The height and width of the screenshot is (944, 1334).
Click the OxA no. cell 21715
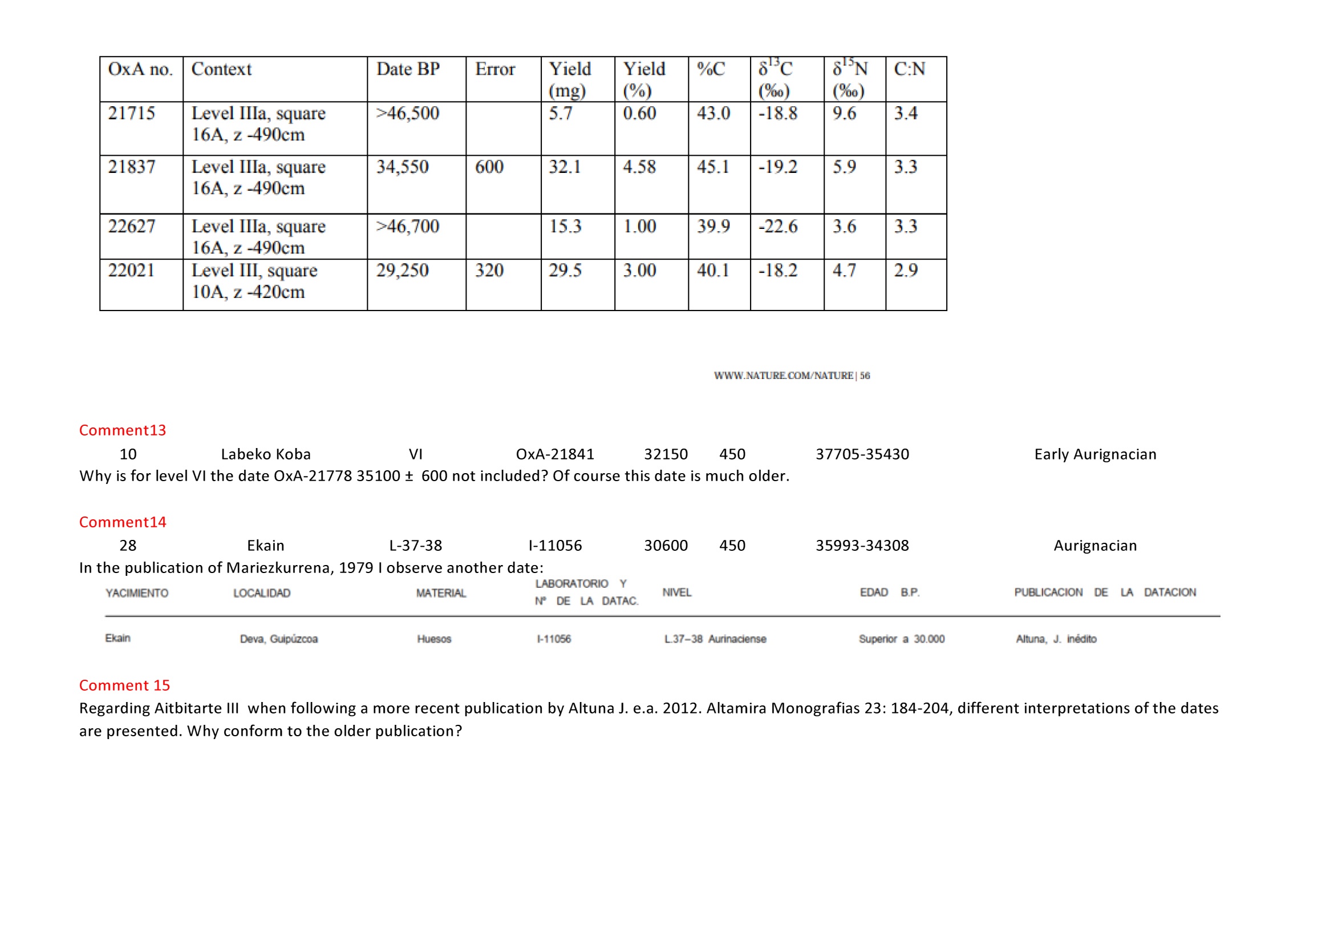tap(131, 113)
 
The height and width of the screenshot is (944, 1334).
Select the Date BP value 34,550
tap(402, 167)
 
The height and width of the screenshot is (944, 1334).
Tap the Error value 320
tap(489, 271)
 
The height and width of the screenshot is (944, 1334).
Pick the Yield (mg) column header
tap(569, 79)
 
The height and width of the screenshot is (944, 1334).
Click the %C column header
tap(711, 69)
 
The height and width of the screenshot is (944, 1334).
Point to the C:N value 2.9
tap(905, 271)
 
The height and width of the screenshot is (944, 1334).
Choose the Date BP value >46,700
tap(407, 226)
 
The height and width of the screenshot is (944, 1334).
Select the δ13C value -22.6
tap(777, 226)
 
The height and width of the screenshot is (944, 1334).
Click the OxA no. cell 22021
tap(131, 271)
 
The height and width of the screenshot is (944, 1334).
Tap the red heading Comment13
tap(123, 430)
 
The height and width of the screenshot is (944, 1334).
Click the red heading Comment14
tap(123, 522)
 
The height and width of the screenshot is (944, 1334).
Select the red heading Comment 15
tap(124, 685)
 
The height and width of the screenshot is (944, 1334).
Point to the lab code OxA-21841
tap(555, 454)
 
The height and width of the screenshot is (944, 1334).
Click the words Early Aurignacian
tap(1094, 454)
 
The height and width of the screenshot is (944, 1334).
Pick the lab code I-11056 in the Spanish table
tap(553, 639)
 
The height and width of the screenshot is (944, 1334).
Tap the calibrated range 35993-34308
tap(862, 545)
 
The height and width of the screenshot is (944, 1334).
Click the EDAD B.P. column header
tap(889, 592)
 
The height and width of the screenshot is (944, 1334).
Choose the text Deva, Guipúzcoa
tap(278, 639)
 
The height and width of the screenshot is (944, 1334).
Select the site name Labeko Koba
tap(266, 454)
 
